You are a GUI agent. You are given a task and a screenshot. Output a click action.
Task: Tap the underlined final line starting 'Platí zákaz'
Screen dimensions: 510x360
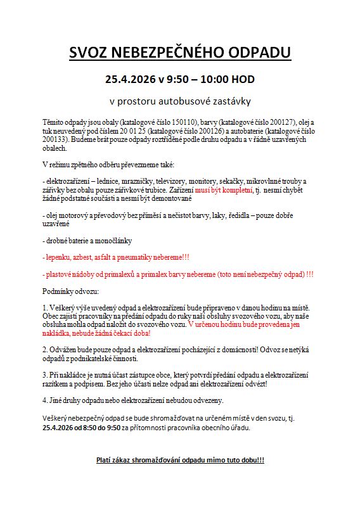pos(180,459)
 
